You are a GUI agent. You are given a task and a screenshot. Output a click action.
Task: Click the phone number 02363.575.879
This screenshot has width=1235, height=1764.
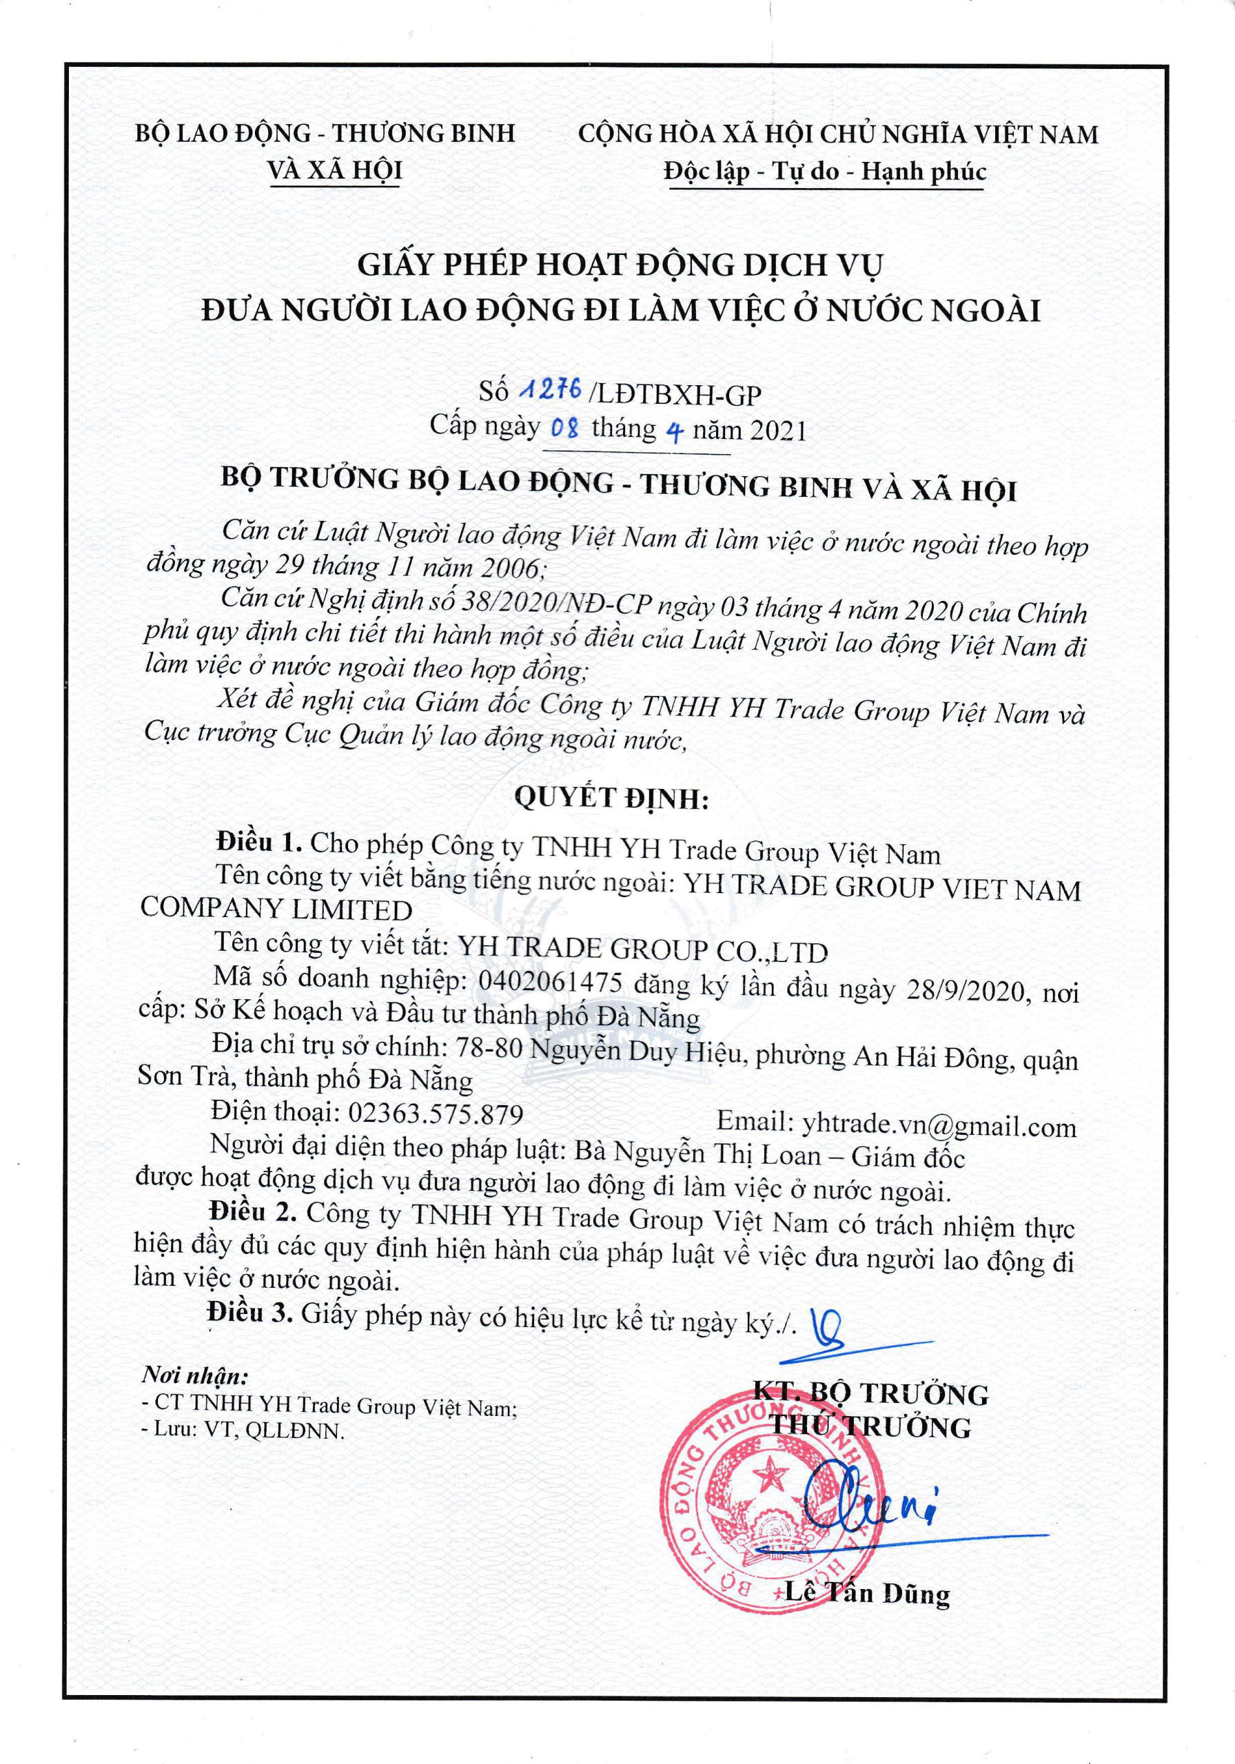pyautogui.click(x=436, y=1114)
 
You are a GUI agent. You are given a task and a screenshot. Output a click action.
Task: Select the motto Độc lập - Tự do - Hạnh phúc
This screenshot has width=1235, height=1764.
pyautogui.click(x=825, y=172)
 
